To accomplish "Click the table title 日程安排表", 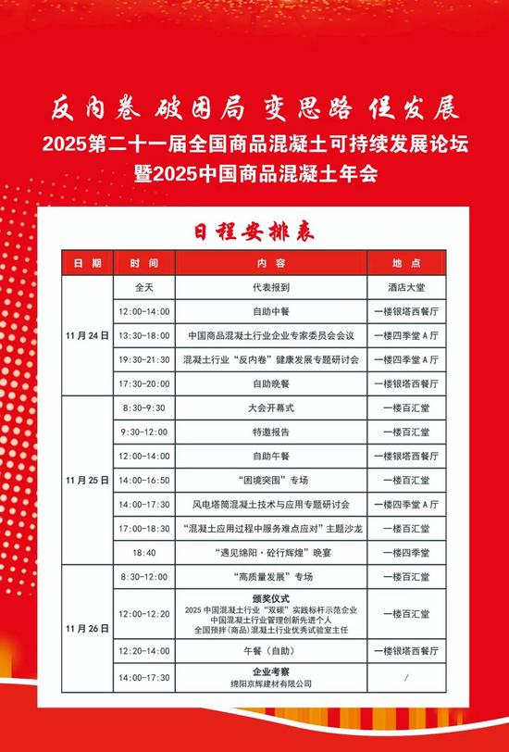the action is pyautogui.click(x=254, y=231).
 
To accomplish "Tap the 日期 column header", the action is pyautogui.click(x=88, y=263).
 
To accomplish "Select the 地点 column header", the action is pyautogui.click(x=406, y=263).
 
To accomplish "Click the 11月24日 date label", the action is pyautogui.click(x=88, y=335).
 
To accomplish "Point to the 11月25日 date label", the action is pyautogui.click(x=88, y=481).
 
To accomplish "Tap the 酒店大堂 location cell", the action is pyautogui.click(x=406, y=287).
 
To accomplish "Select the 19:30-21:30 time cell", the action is pyautogui.click(x=145, y=359).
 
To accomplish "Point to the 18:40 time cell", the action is pyautogui.click(x=145, y=553).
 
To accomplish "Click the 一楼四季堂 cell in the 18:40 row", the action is pyautogui.click(x=406, y=553).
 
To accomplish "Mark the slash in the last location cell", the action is pyautogui.click(x=406, y=678).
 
